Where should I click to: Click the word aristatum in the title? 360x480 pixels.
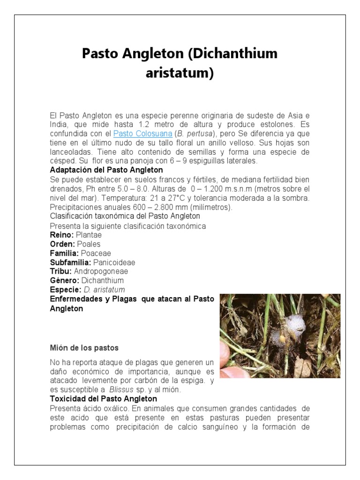(180, 73)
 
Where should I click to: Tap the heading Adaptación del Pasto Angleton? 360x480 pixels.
(106, 170)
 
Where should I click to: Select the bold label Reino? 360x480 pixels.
(61, 234)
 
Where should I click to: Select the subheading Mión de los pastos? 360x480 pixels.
(84, 348)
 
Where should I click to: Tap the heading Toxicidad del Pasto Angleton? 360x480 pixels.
(104, 399)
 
